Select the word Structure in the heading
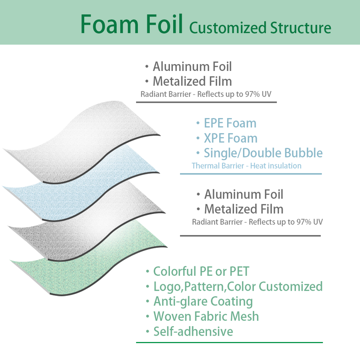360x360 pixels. point(300,28)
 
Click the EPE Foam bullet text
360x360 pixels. point(230,123)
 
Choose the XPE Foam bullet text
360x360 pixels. point(230,138)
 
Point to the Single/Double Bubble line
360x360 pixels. point(263,153)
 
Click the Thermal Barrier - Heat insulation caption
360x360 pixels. point(246,165)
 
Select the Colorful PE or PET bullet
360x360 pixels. point(201,271)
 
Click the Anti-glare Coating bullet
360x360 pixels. point(203,301)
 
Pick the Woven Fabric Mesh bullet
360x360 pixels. point(206,316)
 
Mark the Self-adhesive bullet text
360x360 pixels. point(193,331)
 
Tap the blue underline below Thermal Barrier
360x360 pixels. point(250,174)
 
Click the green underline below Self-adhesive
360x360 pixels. point(229,342)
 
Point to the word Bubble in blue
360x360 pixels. point(303,153)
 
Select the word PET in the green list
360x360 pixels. point(238,271)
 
